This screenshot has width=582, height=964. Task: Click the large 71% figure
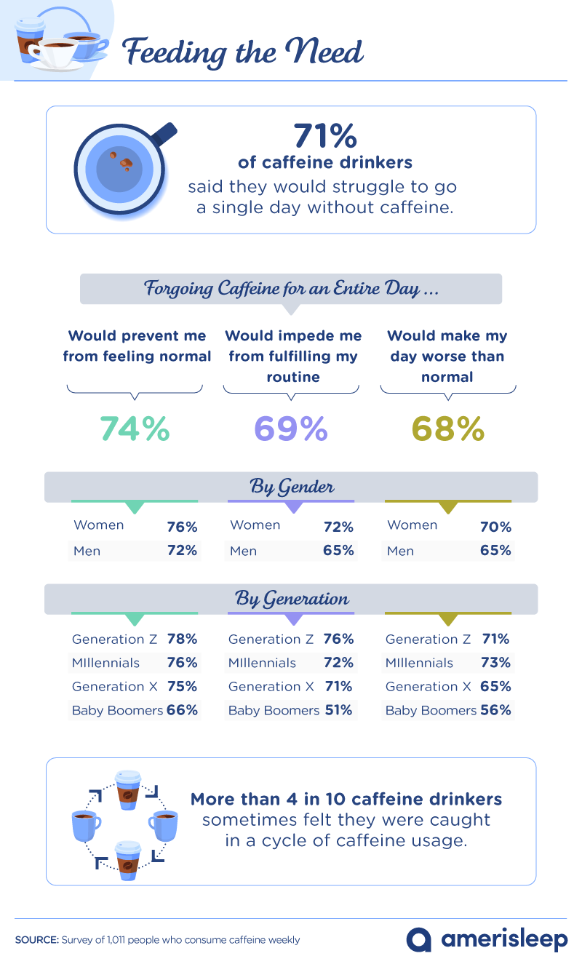(x=325, y=136)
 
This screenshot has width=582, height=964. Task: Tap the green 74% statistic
(x=135, y=429)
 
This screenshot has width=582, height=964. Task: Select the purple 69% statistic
(x=291, y=429)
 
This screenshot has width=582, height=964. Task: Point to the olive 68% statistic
(x=448, y=429)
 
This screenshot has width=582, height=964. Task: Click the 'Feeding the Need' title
(x=242, y=52)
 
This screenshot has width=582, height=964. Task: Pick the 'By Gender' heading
(x=291, y=487)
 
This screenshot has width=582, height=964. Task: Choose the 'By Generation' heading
(x=291, y=599)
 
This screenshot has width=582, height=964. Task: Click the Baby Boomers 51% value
(x=339, y=710)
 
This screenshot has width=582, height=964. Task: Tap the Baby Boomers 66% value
(x=182, y=710)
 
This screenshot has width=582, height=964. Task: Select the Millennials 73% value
(x=495, y=663)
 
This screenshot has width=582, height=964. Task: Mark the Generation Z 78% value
(x=182, y=640)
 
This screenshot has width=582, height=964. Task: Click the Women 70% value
(x=495, y=526)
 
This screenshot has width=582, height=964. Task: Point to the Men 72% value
(x=182, y=551)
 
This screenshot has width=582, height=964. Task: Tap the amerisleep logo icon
(x=419, y=939)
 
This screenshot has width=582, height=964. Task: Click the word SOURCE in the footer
(x=36, y=940)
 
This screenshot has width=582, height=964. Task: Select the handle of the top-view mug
(x=164, y=135)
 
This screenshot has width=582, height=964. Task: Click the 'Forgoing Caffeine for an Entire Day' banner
(x=291, y=288)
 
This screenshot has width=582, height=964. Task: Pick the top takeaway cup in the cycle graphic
(x=129, y=790)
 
